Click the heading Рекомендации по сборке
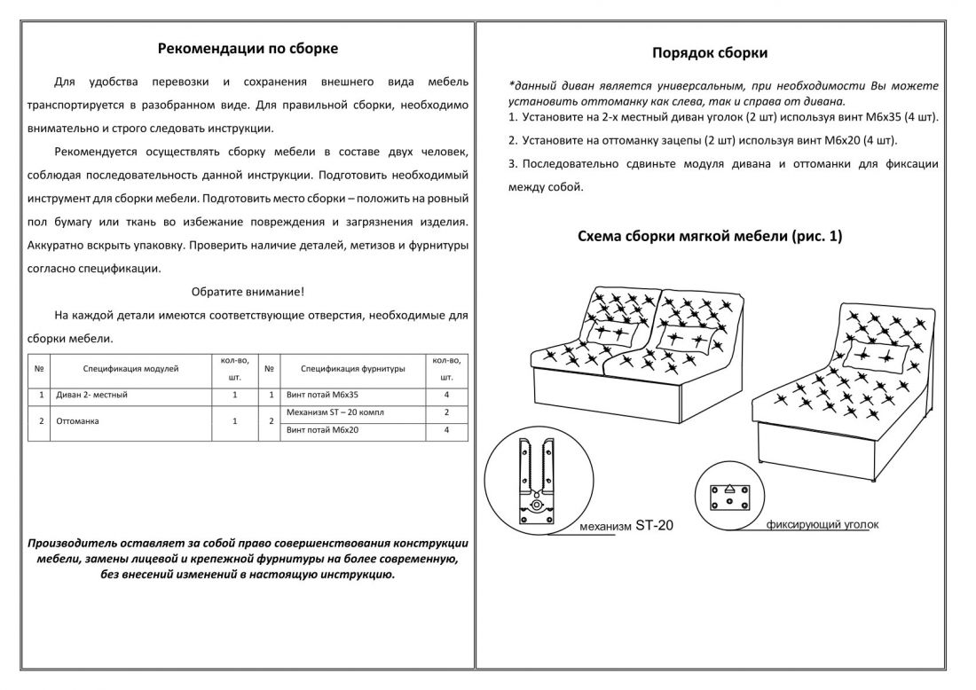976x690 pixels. pos(248,49)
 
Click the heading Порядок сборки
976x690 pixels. pos(710,53)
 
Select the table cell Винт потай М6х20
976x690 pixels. pos(323,430)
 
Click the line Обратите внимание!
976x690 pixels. pos(248,291)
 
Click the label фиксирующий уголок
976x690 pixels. pos(823,524)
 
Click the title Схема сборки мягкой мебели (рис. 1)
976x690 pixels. pos(709,237)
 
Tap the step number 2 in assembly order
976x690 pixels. pos(513,140)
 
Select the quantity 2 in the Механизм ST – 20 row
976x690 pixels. pos(446,413)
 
